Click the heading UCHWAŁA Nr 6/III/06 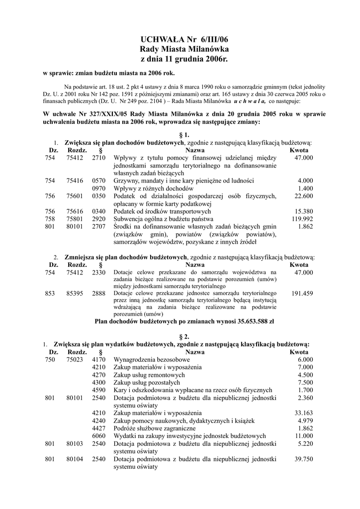[x=180, y=39]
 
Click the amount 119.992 [x=302, y=219]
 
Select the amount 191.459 [x=302, y=294]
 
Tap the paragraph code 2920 [x=99, y=219]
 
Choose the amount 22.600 [x=304, y=196]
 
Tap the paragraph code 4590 [x=99, y=390]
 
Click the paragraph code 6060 [x=99, y=436]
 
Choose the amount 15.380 [x=304, y=211]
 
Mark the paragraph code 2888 [x=99, y=294]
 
